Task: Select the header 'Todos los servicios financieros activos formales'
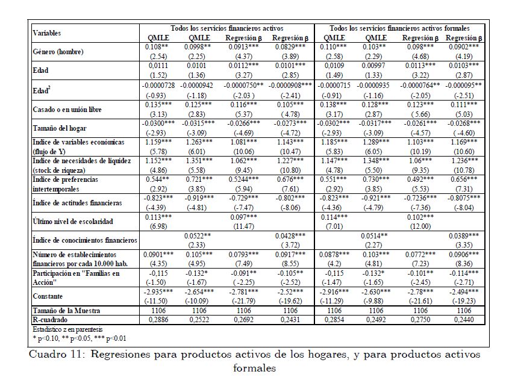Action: pos(399,28)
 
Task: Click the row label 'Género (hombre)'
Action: pos(58,52)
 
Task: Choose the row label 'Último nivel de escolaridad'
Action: pos(73,222)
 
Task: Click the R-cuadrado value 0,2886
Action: pos(158,320)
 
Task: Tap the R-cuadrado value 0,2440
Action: pos(463,320)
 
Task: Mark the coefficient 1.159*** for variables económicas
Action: pos(158,142)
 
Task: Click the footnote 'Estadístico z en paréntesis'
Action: pos(67,330)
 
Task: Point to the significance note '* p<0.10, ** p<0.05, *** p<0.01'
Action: pos(80,338)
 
